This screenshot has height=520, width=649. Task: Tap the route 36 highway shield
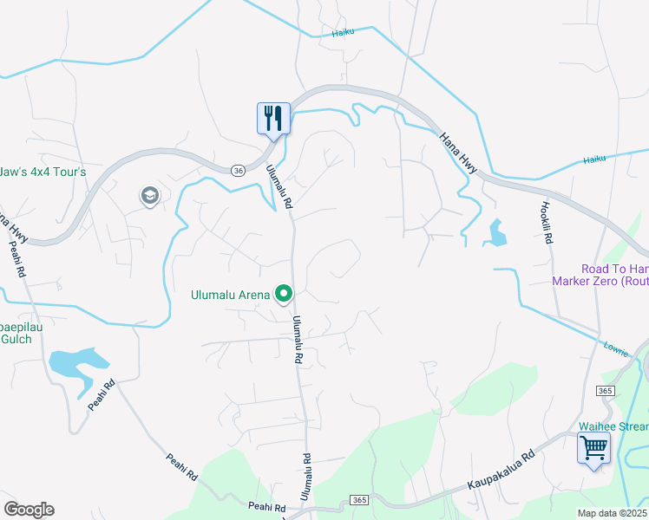coord(236,170)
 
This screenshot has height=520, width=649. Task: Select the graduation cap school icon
coord(150,197)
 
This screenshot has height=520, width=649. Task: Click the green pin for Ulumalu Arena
coord(284,296)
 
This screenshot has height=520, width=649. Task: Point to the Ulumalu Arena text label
coord(230,295)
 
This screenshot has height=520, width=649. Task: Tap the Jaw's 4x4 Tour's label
coord(43,172)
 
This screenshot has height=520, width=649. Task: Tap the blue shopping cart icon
coord(594,449)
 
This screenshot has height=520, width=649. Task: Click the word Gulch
coord(16,338)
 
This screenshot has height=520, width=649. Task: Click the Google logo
coord(29,510)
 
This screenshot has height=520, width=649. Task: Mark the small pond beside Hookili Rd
coord(497,233)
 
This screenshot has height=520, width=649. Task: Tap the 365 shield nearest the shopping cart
coord(604,392)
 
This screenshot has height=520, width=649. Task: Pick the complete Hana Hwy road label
coord(457,153)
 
